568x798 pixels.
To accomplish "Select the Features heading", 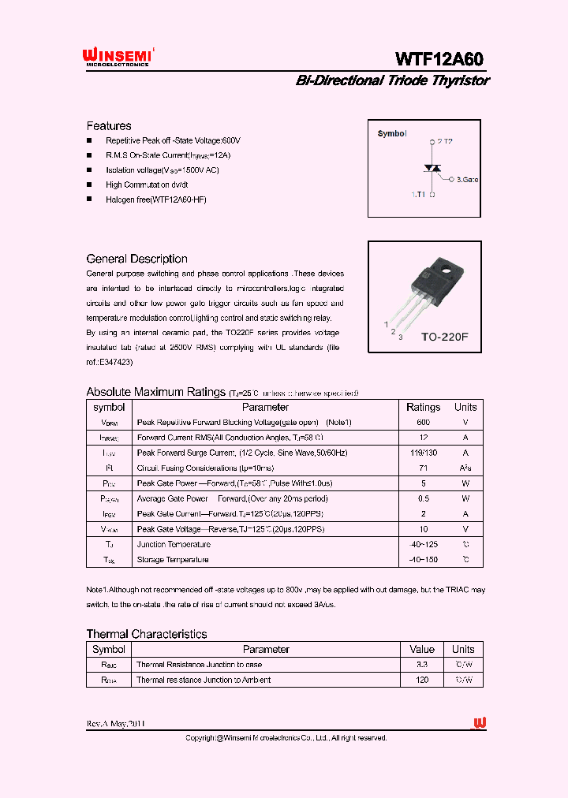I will (109, 126).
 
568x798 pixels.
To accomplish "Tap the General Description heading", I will (136, 259).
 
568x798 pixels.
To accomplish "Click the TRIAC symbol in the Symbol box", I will (432, 169).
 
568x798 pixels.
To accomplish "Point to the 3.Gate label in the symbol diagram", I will (467, 180).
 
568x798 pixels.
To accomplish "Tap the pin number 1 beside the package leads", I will (386, 324).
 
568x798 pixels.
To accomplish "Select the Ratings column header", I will (423, 408).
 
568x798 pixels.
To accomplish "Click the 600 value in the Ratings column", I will (423, 423).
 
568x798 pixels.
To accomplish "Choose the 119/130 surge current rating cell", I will (423, 453).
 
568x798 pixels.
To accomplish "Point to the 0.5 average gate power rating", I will (423, 499).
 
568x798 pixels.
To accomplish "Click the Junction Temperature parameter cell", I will (174, 545).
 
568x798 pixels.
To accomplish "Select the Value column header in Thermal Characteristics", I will (422, 650).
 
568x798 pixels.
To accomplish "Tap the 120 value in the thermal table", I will (422, 680).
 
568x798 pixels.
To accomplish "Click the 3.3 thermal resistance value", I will (422, 665).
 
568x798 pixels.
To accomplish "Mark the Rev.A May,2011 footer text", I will (115, 724).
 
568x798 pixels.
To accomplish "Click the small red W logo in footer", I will (479, 723).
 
